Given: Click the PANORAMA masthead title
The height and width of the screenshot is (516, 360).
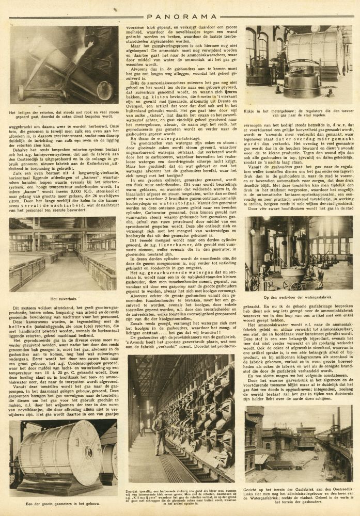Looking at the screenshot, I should tap(180, 8).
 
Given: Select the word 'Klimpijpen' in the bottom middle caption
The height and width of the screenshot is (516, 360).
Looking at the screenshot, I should tap(147, 494).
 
